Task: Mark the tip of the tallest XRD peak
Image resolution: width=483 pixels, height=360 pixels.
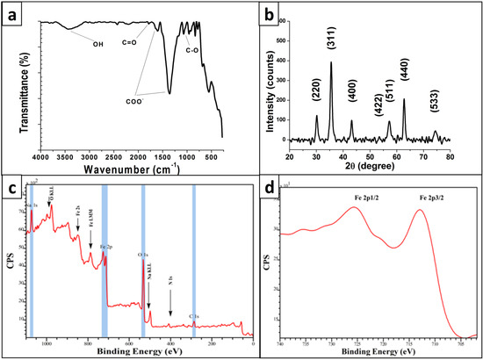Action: pyautogui.click(x=331, y=61)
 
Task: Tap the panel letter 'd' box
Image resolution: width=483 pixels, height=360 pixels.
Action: pyautogui.click(x=270, y=189)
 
